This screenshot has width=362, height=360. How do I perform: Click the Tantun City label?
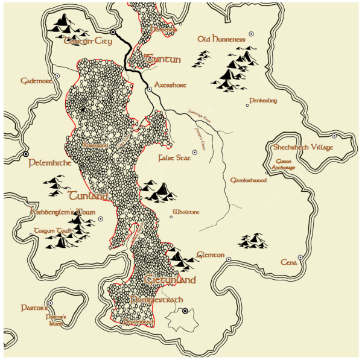pyautogui.click(x=88, y=41)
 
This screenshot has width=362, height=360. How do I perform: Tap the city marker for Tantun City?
pyautogui.click(x=113, y=32)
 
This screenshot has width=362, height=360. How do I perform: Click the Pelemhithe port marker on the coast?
pyautogui.click(x=26, y=154)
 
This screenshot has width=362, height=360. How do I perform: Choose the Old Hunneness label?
pyautogui.click(x=221, y=39)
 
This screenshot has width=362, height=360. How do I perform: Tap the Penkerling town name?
pyautogui.click(x=263, y=101)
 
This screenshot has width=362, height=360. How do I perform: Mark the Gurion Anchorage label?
pyautogui.click(x=282, y=165)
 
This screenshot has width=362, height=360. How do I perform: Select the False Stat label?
pyautogui.click(x=174, y=158)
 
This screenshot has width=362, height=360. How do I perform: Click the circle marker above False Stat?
pyautogui.click(x=195, y=153)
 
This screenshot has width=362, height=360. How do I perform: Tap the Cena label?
pyautogui.click(x=289, y=262)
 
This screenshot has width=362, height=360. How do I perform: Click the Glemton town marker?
pyautogui.click(x=229, y=260)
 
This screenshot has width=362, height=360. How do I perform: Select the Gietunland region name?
pyautogui.click(x=170, y=280)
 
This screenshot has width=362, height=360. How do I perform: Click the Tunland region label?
pyautogui.click(x=88, y=196)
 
